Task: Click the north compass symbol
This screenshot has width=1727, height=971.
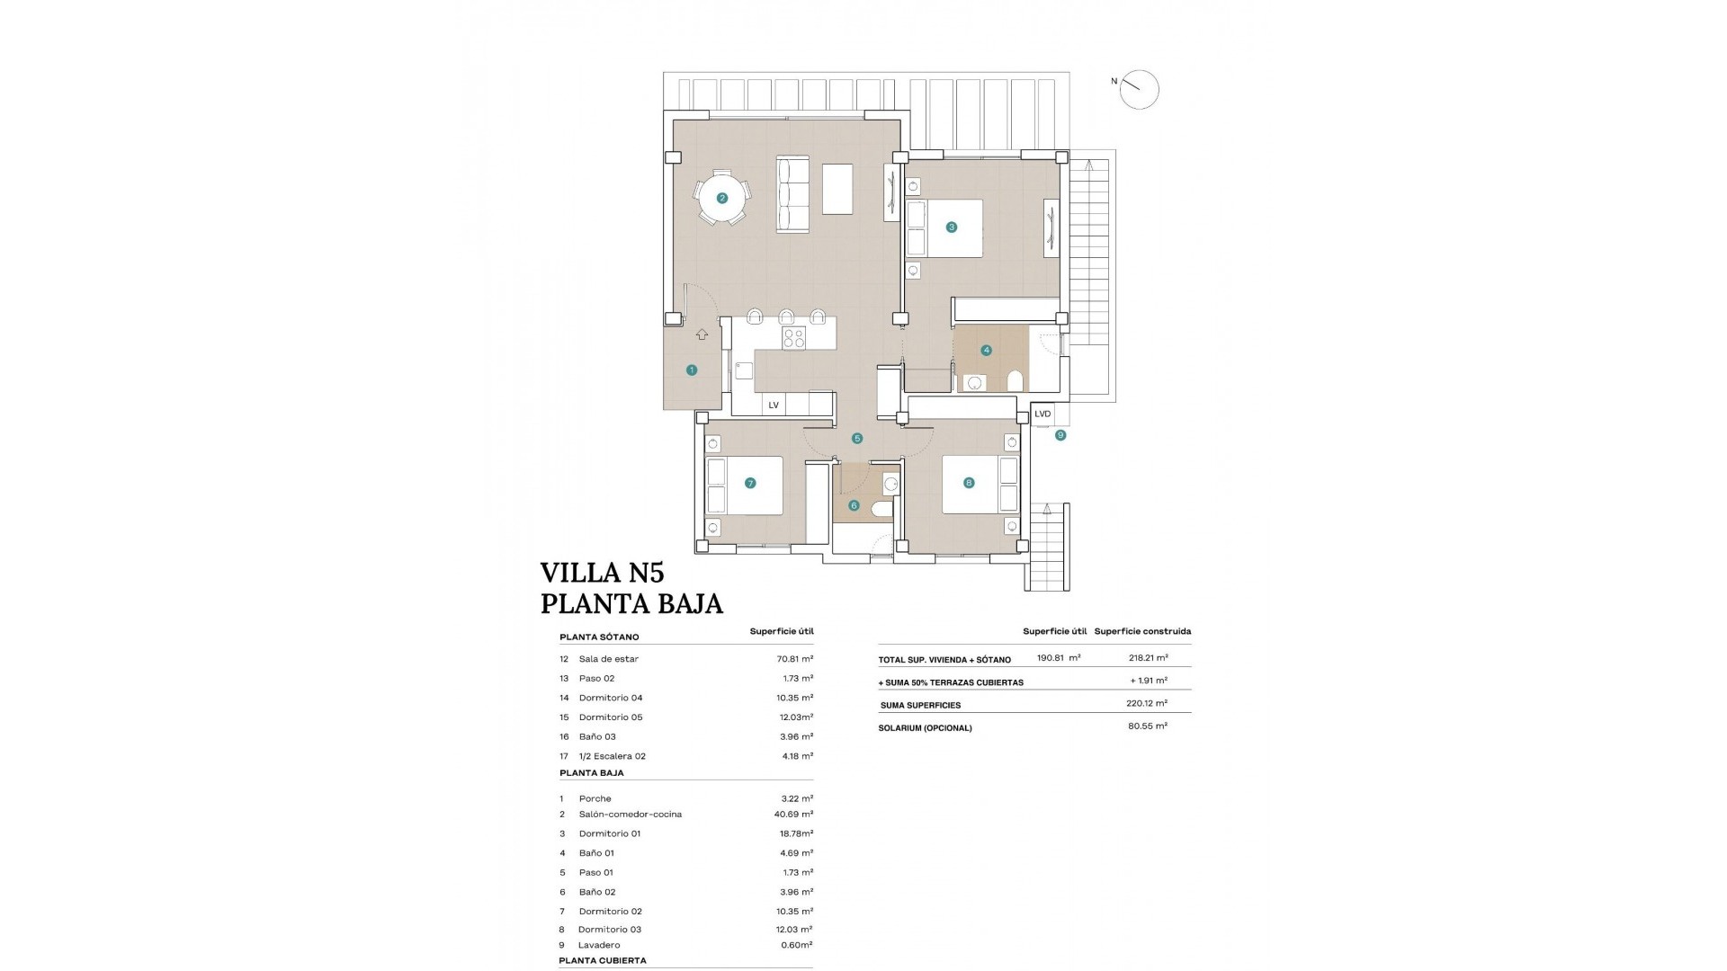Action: click(1139, 90)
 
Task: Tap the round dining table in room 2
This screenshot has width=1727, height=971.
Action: click(721, 198)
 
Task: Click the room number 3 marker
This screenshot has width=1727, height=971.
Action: click(952, 227)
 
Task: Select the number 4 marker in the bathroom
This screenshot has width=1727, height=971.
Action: click(987, 351)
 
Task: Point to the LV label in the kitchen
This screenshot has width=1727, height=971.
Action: click(774, 405)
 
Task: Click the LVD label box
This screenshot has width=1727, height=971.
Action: click(1042, 414)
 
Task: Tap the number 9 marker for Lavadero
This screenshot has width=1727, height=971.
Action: click(1060, 435)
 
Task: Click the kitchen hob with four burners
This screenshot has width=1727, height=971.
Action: click(793, 338)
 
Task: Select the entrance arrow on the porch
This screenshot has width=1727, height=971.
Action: click(702, 334)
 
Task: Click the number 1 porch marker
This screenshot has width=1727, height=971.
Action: click(692, 370)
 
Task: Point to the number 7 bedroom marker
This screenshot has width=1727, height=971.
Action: click(750, 483)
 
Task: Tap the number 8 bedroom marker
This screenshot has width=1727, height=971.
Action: click(969, 483)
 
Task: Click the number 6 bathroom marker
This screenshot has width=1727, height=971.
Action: click(854, 505)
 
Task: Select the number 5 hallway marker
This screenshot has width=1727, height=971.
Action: click(857, 439)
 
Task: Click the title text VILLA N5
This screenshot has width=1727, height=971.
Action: click(602, 573)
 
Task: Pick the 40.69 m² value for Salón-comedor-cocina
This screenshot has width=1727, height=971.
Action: click(794, 815)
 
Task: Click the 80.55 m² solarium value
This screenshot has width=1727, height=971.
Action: click(1148, 726)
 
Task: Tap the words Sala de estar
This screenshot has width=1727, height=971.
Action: click(609, 659)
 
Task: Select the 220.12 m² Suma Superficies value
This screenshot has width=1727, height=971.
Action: click(1148, 704)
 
